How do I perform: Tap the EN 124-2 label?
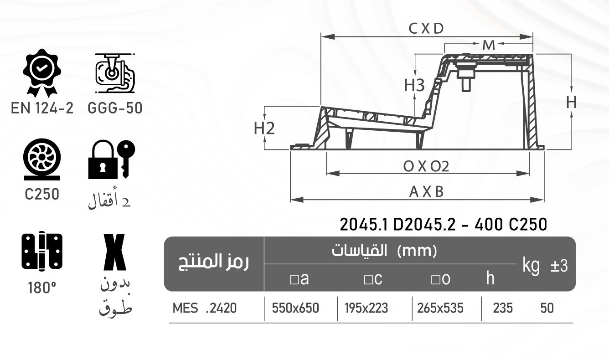(42, 108)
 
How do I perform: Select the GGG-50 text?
(114, 108)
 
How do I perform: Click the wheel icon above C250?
(41, 160)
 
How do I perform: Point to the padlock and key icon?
(112, 160)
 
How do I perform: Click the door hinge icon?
(42, 251)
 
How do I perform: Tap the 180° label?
(41, 288)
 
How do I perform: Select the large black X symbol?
(114, 252)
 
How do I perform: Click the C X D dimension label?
(426, 29)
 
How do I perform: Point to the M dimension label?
(488, 45)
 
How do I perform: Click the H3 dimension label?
(414, 85)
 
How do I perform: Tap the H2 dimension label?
(264, 129)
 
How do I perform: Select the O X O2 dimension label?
(426, 166)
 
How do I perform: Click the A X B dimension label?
(426, 192)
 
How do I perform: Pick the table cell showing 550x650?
(295, 309)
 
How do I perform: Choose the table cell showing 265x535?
(440, 309)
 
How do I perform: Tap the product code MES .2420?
(205, 309)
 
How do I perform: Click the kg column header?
(531, 265)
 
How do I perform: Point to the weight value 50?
(547, 309)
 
